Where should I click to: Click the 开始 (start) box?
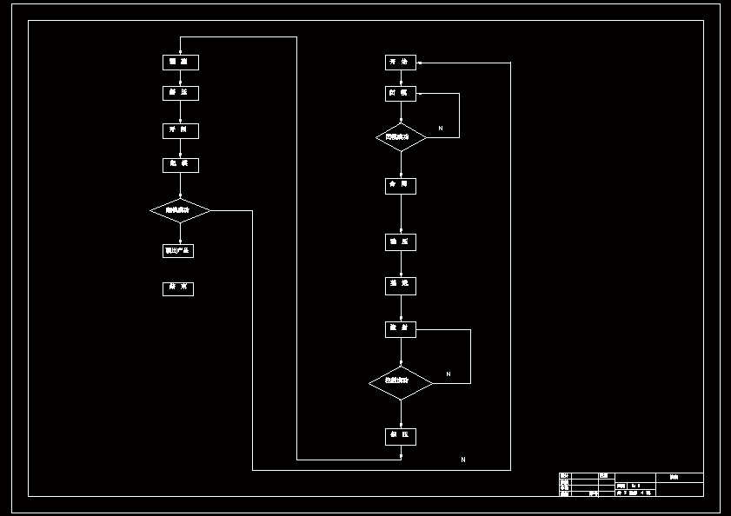401,63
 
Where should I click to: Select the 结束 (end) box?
178,288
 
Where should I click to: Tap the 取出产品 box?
178,251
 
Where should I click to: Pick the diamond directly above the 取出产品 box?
180,210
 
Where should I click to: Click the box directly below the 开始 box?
401,93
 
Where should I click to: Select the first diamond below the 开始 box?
401,137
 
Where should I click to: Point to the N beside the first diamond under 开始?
441,129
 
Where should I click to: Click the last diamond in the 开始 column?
401,383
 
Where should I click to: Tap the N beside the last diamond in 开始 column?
449,374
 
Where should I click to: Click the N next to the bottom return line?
463,460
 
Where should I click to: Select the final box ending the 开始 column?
401,436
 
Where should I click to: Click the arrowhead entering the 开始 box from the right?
420,63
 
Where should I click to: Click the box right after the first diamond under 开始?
401,186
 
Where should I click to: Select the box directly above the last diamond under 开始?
401,330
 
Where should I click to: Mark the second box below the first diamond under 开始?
401,242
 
